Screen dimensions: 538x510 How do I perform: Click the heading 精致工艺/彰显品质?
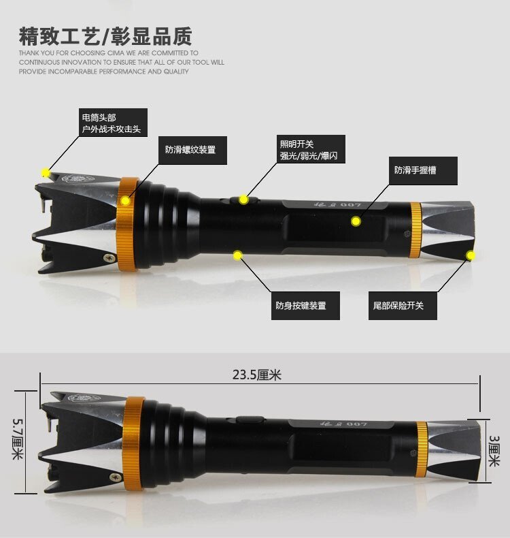coord(105,35)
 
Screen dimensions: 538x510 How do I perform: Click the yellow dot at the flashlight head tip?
coord(46,172)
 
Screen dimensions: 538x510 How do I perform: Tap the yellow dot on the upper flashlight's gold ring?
coord(125,200)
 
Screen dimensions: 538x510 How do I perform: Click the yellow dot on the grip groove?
coord(355,221)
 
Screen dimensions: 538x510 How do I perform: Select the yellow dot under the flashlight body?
coord(237,255)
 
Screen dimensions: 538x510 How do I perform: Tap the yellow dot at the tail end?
coord(470,255)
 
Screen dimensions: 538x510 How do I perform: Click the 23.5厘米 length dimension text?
coord(256,375)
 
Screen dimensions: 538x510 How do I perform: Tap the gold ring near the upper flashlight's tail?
coord(415,230)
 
